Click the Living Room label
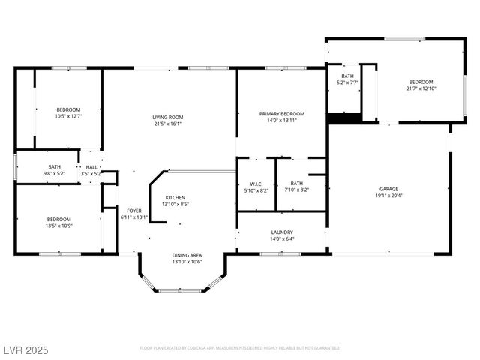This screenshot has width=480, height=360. pyautogui.click(x=168, y=117)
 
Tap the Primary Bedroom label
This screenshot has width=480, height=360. pyautogui.click(x=282, y=113)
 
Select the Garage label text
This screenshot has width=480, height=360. pyautogui.click(x=388, y=189)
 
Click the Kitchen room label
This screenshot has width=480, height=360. pyautogui.click(x=175, y=197)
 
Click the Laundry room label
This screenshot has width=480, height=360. pyautogui.click(x=282, y=232)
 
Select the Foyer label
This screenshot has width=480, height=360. pyautogui.click(x=134, y=211)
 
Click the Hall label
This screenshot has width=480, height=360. pyautogui.click(x=91, y=167)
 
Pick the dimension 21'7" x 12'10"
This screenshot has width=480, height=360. pyautogui.click(x=420, y=88)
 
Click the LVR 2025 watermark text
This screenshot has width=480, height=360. pyautogui.click(x=24, y=349)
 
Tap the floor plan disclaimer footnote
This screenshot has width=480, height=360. pyautogui.click(x=240, y=348)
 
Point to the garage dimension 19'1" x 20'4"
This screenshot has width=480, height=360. pyautogui.click(x=388, y=196)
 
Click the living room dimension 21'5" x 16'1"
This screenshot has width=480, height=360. pyautogui.click(x=168, y=124)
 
